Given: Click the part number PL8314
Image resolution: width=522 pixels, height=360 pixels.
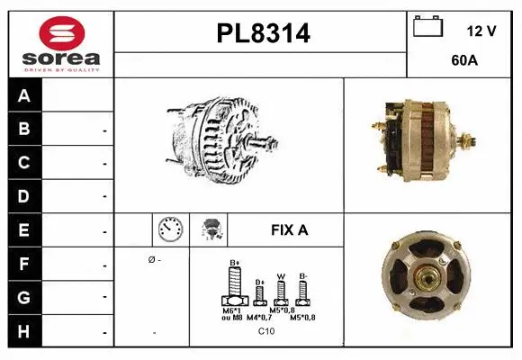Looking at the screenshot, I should [263, 34].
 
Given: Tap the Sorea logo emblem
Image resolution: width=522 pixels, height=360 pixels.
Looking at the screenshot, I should [60, 35].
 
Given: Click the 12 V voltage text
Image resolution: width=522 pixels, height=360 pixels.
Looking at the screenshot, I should [481, 31].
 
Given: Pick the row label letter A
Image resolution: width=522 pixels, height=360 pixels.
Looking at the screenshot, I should [24, 95].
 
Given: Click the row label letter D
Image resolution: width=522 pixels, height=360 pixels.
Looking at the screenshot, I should [24, 195].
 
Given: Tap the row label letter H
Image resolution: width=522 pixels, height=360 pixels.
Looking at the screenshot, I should [24, 330].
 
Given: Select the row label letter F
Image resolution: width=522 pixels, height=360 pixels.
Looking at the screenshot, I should [24, 265].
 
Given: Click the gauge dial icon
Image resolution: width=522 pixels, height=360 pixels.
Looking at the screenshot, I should [170, 229].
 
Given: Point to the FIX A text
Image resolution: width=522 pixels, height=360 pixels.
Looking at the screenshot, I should [289, 230].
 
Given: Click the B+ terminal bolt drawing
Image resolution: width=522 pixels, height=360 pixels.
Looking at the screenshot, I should [235, 287].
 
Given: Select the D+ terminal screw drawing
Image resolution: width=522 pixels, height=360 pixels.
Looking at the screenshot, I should [259, 292].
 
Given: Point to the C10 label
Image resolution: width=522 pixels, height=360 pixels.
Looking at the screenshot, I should [266, 331].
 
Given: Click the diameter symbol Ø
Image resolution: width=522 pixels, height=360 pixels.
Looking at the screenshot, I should [150, 260].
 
